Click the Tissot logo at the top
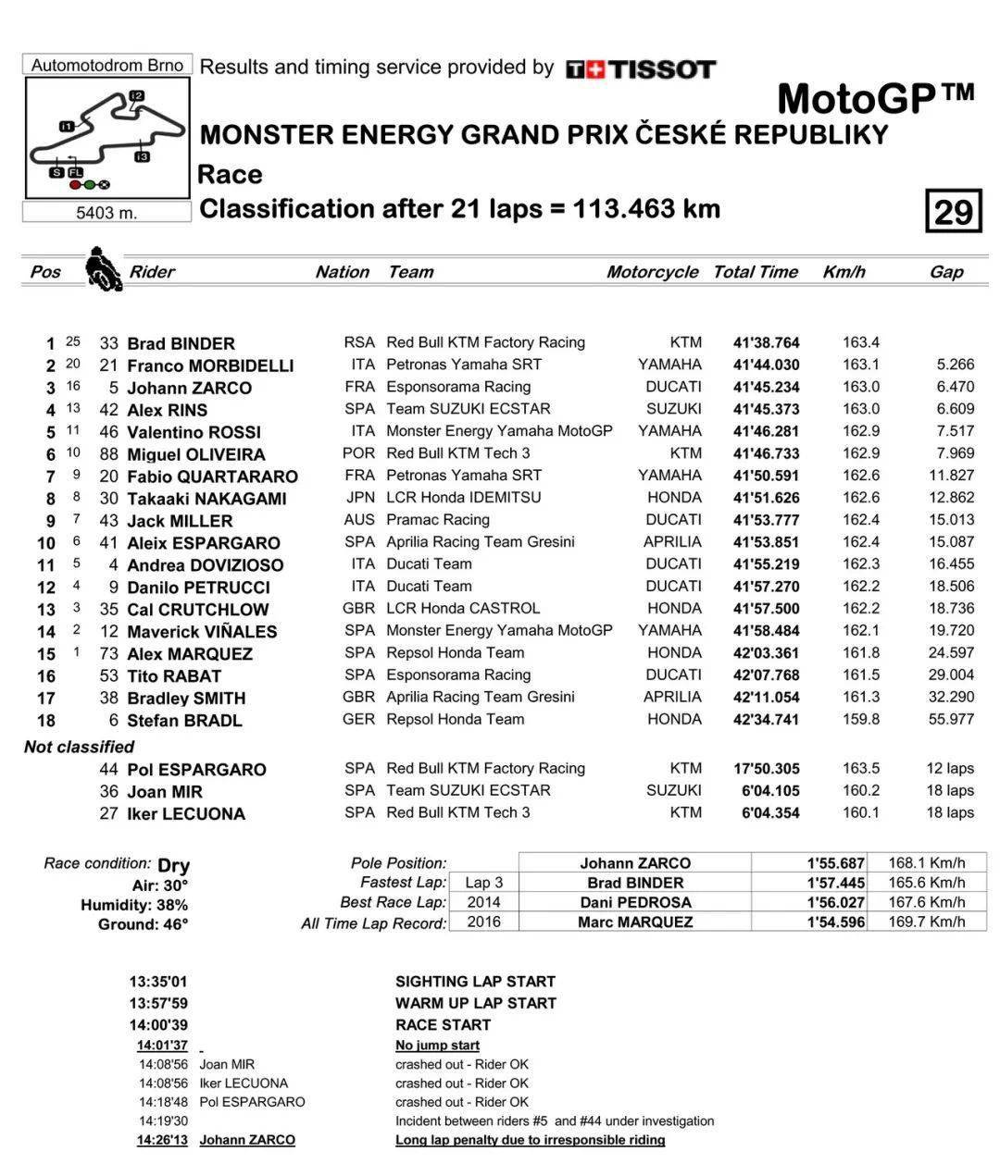[x=641, y=69]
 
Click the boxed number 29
[x=952, y=212]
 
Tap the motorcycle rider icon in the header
[x=103, y=270]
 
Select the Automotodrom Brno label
[x=107, y=65]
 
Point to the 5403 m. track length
[x=106, y=213]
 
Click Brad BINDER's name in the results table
[x=181, y=343]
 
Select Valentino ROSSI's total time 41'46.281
[x=766, y=432]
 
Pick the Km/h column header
[x=844, y=272]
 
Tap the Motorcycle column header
[x=652, y=272]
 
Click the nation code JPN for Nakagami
[x=359, y=498]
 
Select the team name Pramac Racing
[x=437, y=520]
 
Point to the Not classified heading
[x=79, y=747]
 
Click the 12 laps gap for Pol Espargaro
[x=950, y=768]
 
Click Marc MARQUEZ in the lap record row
[x=634, y=922]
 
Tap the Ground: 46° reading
[x=143, y=924]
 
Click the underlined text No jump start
[x=437, y=1046]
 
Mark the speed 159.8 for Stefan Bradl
[x=860, y=720]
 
